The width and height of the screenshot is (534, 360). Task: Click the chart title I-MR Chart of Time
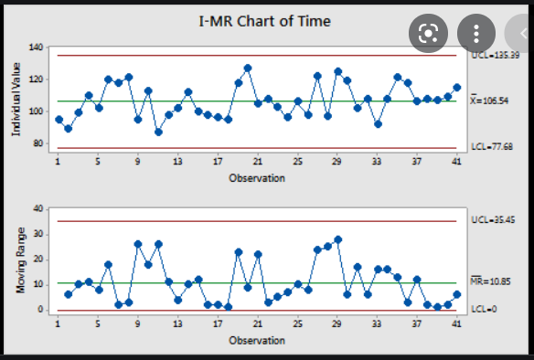point(264,20)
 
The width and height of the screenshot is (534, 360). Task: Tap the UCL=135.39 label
point(496,56)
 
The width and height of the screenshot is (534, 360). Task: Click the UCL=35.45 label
point(493,221)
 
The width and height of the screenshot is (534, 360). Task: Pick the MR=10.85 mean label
point(494,283)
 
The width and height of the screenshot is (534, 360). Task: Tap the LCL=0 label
point(484,311)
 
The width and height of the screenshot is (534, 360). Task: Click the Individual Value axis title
point(17,96)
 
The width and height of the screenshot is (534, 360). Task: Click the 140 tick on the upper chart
point(37,47)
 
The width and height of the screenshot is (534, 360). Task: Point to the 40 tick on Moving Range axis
point(39,208)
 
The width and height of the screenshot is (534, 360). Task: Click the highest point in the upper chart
point(248,69)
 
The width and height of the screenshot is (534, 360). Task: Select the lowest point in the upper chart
point(158,132)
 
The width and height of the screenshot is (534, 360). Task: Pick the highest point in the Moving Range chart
point(337,239)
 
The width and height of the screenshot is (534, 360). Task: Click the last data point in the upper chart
point(457,87)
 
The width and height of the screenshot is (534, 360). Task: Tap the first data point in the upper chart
point(59,120)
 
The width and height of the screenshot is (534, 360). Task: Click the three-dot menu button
point(475,34)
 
